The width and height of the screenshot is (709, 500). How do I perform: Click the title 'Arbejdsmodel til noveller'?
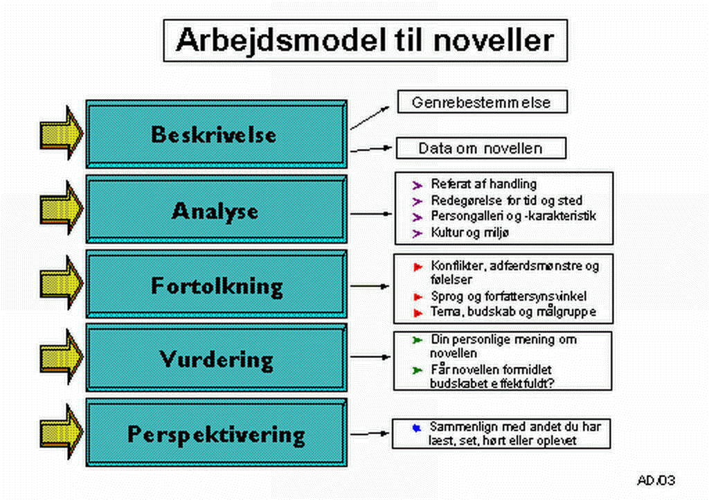[x=365, y=40]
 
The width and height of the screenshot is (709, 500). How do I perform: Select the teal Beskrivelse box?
[x=217, y=134]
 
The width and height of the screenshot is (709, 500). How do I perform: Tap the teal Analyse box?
[x=217, y=209]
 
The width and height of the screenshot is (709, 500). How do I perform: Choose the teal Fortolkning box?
[x=217, y=284]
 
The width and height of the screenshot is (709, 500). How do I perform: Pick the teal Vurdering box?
[x=217, y=357]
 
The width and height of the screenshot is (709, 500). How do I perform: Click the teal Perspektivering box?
[x=217, y=433]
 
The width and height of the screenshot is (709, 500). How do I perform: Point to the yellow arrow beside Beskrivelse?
[x=62, y=133]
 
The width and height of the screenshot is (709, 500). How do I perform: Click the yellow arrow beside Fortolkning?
[x=62, y=283]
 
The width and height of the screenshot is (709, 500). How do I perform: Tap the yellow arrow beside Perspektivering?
[x=62, y=431]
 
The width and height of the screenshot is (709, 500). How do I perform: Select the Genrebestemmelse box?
[x=482, y=102]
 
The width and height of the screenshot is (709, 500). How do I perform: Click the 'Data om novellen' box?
[x=481, y=148]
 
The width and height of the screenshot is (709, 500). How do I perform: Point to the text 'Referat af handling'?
[x=484, y=184]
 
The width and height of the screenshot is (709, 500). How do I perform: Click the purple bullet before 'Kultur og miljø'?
[x=417, y=233]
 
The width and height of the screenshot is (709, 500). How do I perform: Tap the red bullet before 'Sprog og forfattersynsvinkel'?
[x=418, y=297]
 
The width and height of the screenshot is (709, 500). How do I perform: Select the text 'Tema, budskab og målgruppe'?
[x=513, y=312]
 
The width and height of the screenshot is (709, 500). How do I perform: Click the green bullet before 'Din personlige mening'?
[x=417, y=341]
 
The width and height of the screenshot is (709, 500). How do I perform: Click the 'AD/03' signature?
[x=656, y=480]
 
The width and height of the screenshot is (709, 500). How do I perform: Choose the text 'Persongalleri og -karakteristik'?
[x=513, y=216]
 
